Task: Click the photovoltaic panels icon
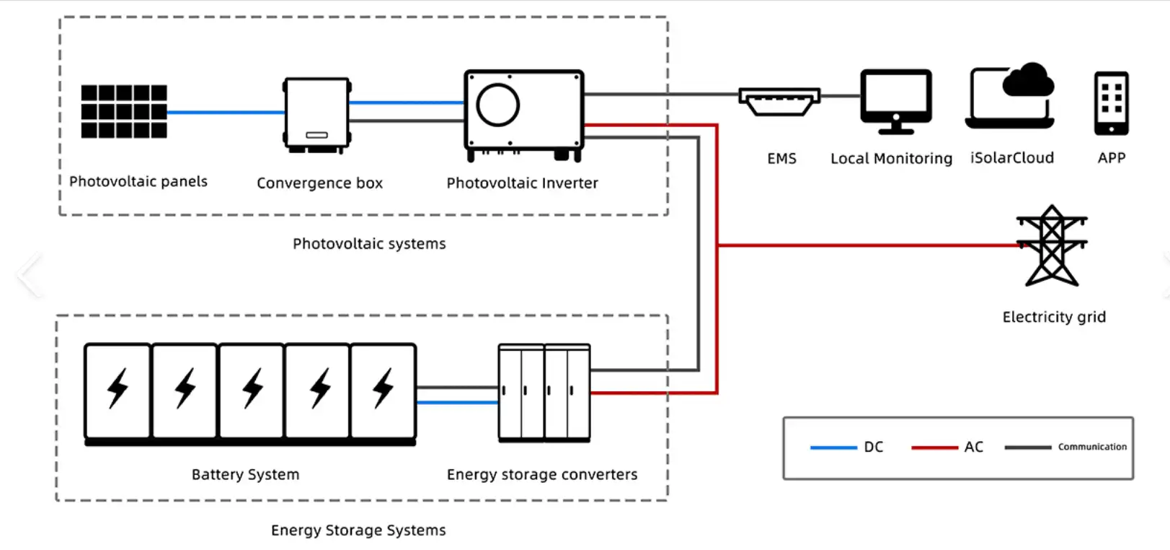(x=124, y=111)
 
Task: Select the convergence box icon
(x=316, y=114)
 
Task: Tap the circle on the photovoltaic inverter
(x=497, y=105)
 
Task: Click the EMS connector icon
(x=779, y=101)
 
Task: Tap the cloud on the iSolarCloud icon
(x=1029, y=80)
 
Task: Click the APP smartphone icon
(x=1111, y=103)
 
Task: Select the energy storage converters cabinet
(x=544, y=392)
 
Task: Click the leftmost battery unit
(x=118, y=390)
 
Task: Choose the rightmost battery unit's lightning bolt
(x=383, y=388)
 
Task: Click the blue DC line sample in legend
(x=833, y=448)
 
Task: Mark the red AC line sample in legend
(x=934, y=448)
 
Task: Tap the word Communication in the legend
(x=1091, y=447)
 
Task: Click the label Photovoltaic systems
(x=369, y=244)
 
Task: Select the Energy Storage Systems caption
(x=358, y=531)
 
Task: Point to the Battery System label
(x=245, y=475)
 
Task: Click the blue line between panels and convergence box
(x=225, y=112)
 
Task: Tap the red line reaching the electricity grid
(x=865, y=245)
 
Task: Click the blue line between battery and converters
(x=457, y=402)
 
